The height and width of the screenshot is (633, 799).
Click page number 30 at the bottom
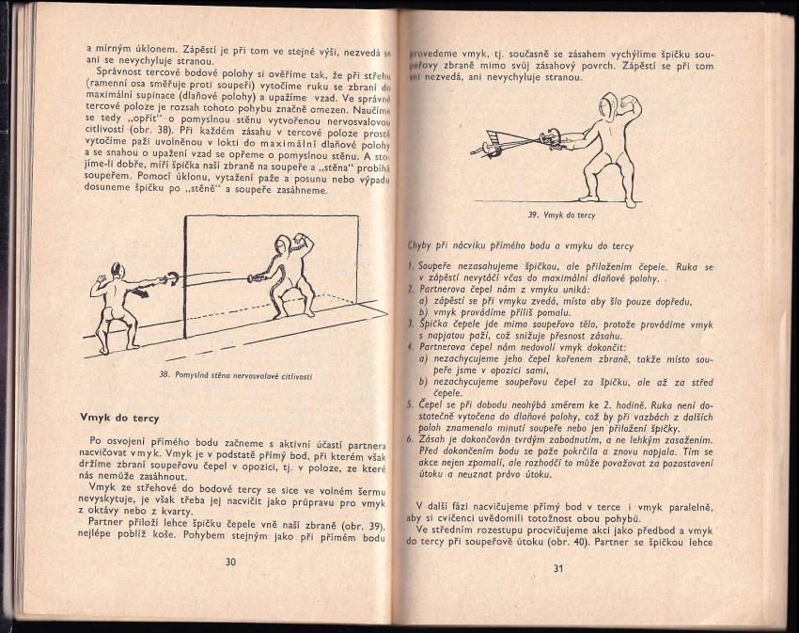(x=230, y=562)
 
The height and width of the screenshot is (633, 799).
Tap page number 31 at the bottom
(x=557, y=568)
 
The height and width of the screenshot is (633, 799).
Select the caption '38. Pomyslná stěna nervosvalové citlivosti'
(x=235, y=376)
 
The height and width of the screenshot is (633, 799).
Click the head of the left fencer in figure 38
(x=116, y=270)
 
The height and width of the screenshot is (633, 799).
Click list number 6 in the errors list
(x=411, y=438)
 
